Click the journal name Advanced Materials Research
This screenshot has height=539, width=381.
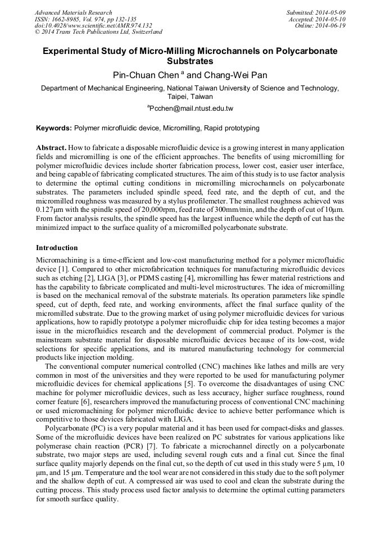coord(73,12)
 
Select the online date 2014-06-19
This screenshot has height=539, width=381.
coord(332,25)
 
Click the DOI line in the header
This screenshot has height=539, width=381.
coord(93,25)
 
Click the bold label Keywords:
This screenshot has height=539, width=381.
coord(54,128)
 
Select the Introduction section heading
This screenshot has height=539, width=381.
coord(57,248)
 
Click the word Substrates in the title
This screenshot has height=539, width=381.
coord(190,61)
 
